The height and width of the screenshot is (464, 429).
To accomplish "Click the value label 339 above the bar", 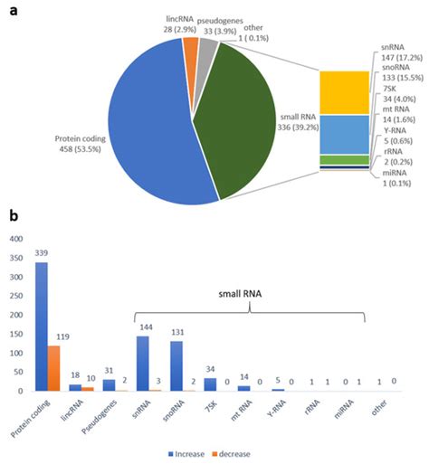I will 42,254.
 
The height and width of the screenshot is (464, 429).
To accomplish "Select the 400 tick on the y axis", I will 17,239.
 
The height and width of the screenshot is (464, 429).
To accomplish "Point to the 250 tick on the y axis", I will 17,296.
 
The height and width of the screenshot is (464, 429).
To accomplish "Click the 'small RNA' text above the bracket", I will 251,293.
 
